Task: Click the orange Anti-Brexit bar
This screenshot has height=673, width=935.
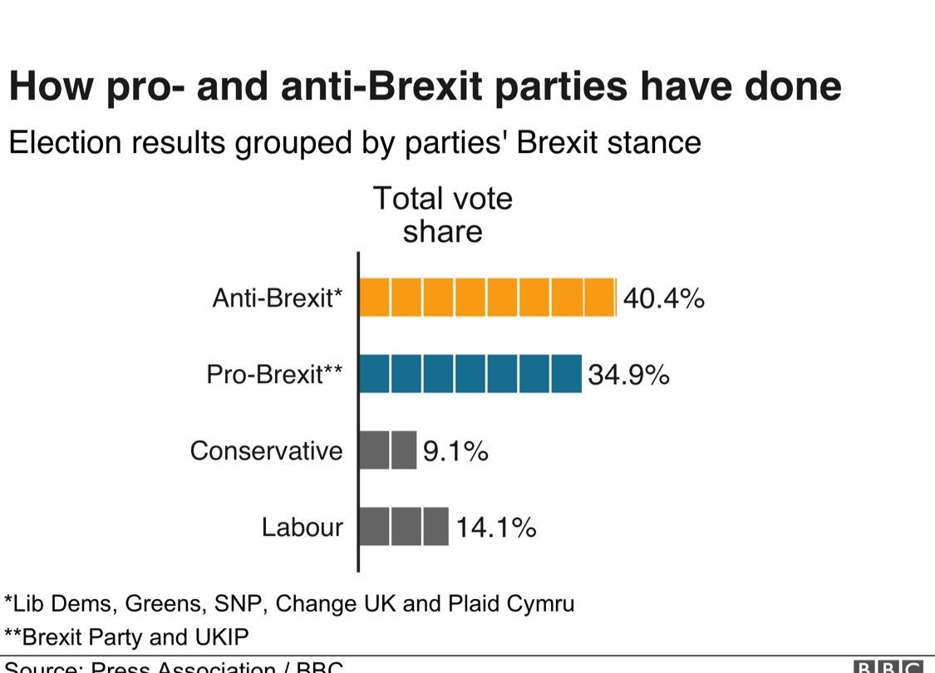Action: tap(487, 297)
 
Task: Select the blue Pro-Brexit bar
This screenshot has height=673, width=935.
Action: tap(470, 374)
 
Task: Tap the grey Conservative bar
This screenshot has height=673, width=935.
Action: tap(387, 450)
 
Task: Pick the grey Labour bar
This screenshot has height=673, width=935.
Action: tap(404, 527)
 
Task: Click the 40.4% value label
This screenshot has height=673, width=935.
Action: tap(663, 298)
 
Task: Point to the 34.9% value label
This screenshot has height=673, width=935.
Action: tap(628, 375)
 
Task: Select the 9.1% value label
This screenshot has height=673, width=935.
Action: tap(455, 451)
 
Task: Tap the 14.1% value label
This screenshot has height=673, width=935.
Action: tap(495, 528)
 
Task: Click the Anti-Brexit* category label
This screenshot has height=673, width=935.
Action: tap(278, 298)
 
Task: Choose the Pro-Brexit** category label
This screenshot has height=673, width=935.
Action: tap(274, 375)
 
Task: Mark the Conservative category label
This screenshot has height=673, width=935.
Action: tap(266, 451)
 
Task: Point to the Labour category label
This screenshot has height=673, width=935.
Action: tap(302, 528)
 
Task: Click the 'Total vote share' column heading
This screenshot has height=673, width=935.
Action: tap(442, 215)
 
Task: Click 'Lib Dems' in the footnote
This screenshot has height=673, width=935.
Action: tap(54, 602)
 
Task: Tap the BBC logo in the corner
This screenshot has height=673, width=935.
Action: tap(888, 666)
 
